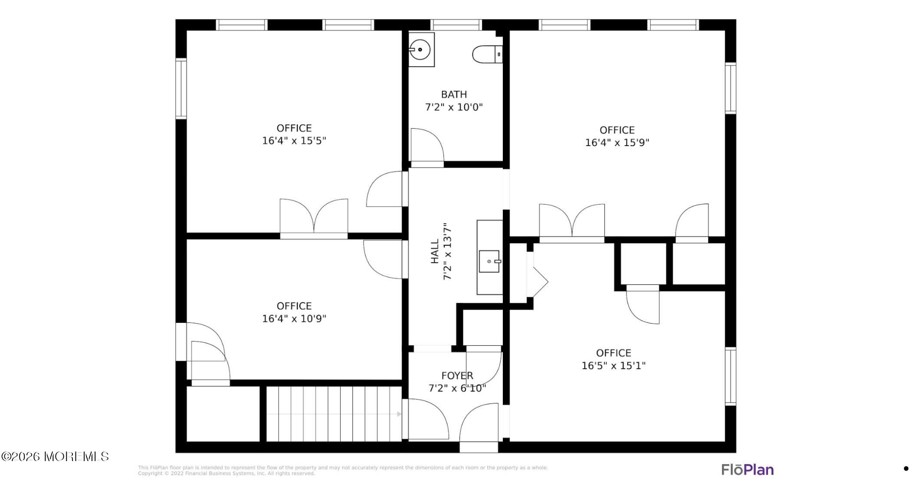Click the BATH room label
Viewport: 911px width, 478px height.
click(454, 94)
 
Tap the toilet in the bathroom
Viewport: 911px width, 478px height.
click(487, 55)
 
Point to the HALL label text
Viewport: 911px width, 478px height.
click(435, 252)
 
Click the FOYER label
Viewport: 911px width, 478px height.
click(457, 376)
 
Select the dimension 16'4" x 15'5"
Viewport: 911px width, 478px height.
click(294, 141)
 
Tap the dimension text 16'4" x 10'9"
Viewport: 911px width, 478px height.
click(294, 319)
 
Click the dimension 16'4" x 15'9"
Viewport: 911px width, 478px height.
click(617, 143)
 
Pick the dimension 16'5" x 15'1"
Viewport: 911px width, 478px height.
click(613, 366)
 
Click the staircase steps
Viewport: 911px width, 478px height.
click(334, 414)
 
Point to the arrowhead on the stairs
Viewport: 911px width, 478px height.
click(399, 414)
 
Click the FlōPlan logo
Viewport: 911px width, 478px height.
click(747, 469)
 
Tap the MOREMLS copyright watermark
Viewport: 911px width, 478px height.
click(55, 456)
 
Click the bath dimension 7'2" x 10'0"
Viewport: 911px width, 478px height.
click(454, 107)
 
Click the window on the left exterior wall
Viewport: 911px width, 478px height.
click(181, 88)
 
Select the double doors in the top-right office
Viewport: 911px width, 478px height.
click(572, 221)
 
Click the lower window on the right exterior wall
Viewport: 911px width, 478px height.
click(731, 377)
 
